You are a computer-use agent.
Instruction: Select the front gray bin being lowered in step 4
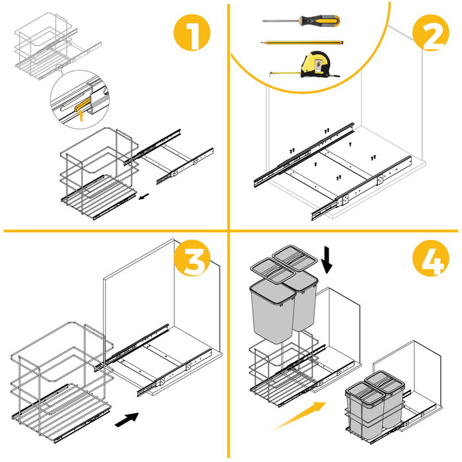pos(271,311)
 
